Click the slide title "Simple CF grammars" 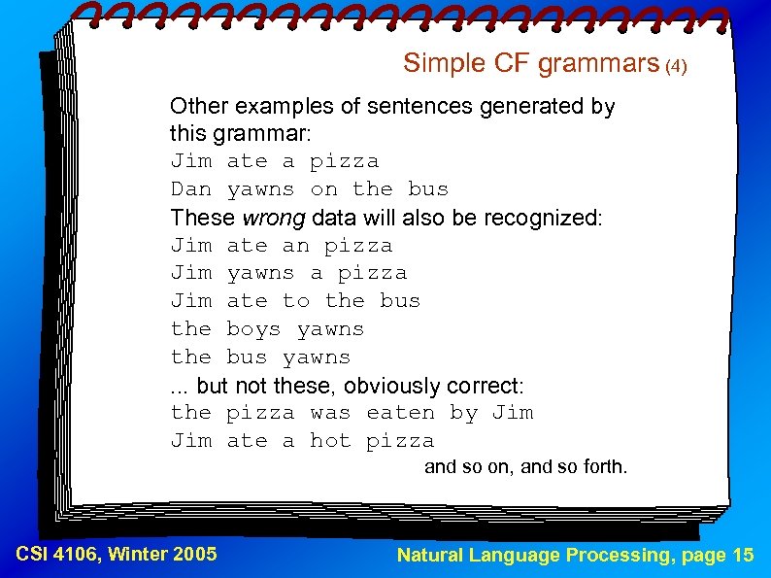click(x=531, y=63)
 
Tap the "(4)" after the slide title click(x=676, y=67)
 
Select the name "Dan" click(x=191, y=188)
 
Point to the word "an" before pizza click(x=295, y=245)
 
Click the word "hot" click(x=330, y=440)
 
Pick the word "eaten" click(x=400, y=412)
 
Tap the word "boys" click(x=253, y=328)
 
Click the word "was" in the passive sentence click(x=330, y=412)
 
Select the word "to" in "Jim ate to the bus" click(x=295, y=300)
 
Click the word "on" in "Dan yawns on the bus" click(x=323, y=188)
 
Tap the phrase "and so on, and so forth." click(x=526, y=467)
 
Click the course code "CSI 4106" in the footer click(x=58, y=555)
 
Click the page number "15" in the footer click(x=743, y=555)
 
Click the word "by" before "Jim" click(x=463, y=412)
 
